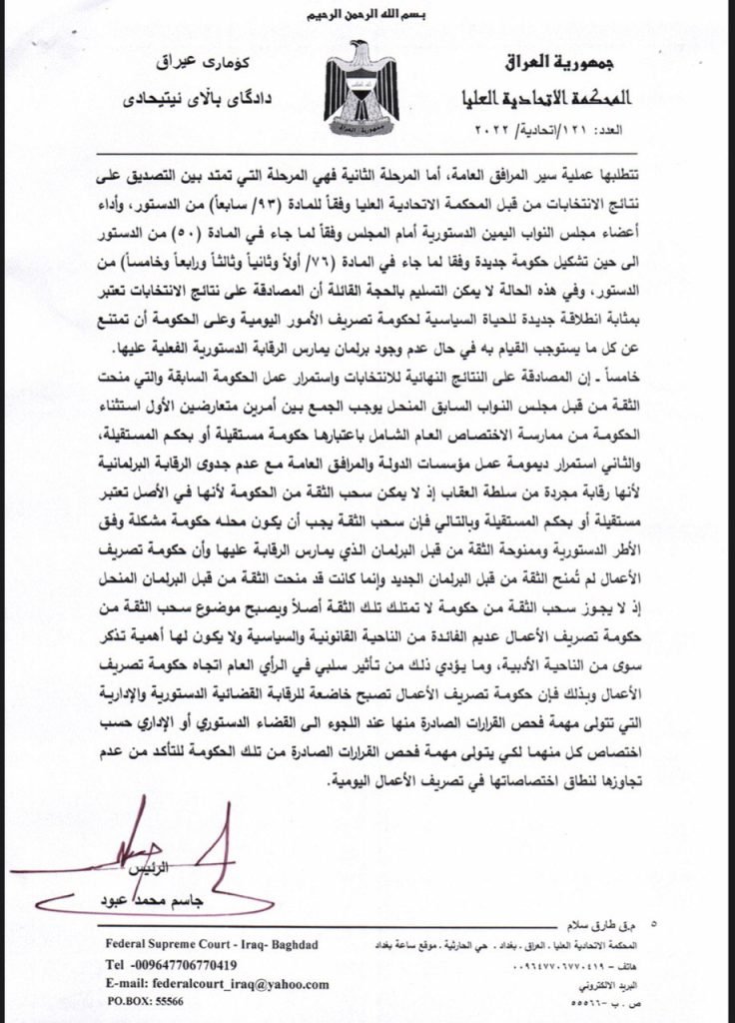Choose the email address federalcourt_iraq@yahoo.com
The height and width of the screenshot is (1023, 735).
(216, 984)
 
